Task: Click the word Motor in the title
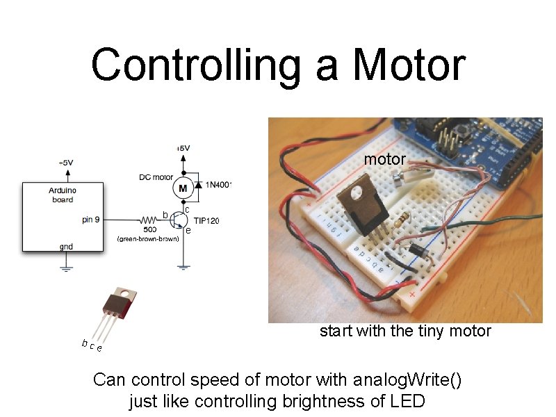[409, 65]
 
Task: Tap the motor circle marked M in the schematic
[183, 188]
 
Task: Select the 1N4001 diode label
[218, 185]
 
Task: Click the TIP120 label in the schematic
[206, 221]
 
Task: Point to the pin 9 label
[90, 219]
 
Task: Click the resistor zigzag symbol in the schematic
[147, 219]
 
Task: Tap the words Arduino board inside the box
[63, 195]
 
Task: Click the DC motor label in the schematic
[156, 177]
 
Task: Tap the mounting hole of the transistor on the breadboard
[363, 187]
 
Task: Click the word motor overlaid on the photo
[385, 159]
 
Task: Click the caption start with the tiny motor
[405, 331]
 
